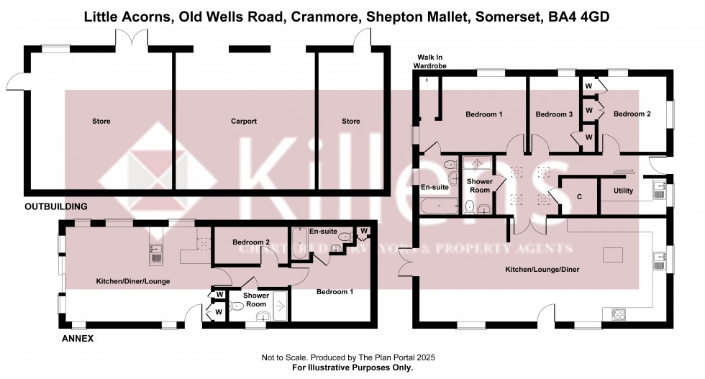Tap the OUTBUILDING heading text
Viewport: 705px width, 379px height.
pyautogui.click(x=55, y=206)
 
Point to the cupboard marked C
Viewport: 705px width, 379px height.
pyautogui.click(x=580, y=196)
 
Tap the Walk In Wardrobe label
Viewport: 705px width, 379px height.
pyautogui.click(x=430, y=61)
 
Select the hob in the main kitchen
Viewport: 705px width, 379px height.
pyautogui.click(x=619, y=314)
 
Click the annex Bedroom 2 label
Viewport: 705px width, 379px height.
pyautogui.click(x=252, y=242)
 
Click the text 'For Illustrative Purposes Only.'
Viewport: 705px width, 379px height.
pyautogui.click(x=352, y=367)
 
